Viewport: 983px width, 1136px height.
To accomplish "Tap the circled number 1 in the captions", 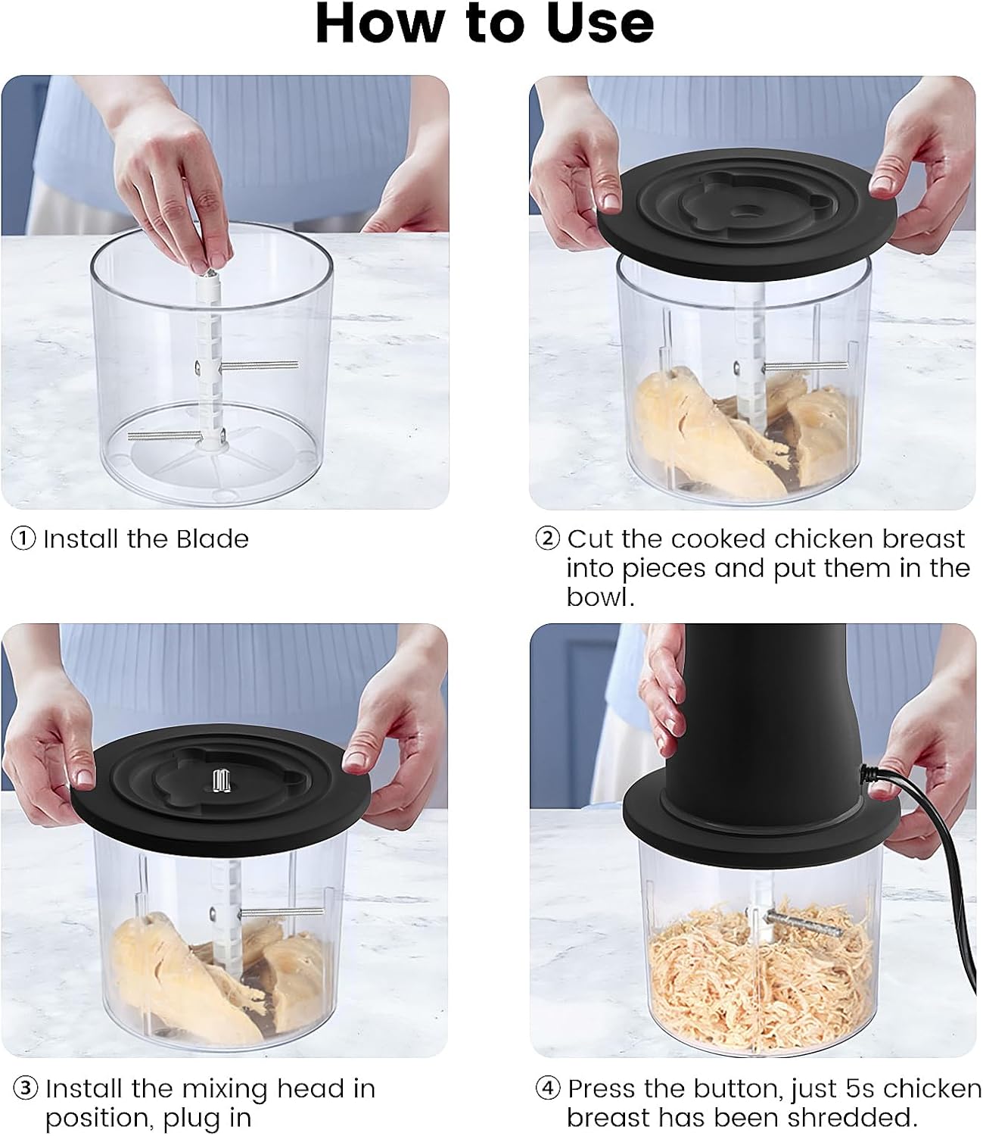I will [23, 539].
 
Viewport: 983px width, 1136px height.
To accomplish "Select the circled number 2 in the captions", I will [547, 539].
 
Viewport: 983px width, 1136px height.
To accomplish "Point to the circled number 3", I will [26, 1089].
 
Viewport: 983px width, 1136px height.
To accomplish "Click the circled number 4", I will [548, 1089].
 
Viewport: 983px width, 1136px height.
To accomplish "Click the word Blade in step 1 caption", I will [212, 539].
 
